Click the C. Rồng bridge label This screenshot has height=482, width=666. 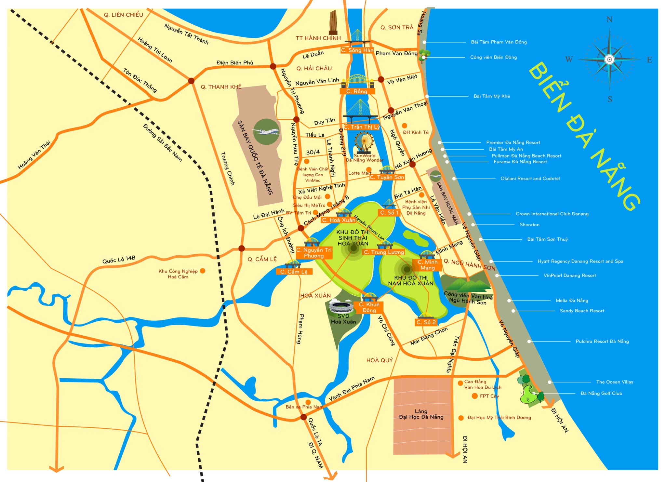click(x=357, y=91)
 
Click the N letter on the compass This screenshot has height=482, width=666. click(x=609, y=20)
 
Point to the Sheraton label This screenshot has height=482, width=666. click(x=529, y=225)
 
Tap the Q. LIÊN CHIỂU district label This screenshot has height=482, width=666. click(x=124, y=15)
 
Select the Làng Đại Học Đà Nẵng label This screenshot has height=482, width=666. click(x=421, y=414)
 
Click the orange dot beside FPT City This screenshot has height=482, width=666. click(x=474, y=396)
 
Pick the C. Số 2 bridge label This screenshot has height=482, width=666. click(x=426, y=322)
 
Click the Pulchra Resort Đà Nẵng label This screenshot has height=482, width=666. click(x=602, y=341)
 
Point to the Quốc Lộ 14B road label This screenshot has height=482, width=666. click(x=119, y=260)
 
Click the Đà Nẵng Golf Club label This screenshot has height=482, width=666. click(x=601, y=393)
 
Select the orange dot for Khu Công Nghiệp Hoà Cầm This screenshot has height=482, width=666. click(x=203, y=271)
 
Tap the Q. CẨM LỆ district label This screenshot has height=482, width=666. click(x=262, y=259)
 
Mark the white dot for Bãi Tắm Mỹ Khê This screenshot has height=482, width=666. click(x=427, y=96)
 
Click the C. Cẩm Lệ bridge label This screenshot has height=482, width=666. click(x=294, y=272)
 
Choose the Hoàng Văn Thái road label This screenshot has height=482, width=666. click(x=34, y=155)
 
